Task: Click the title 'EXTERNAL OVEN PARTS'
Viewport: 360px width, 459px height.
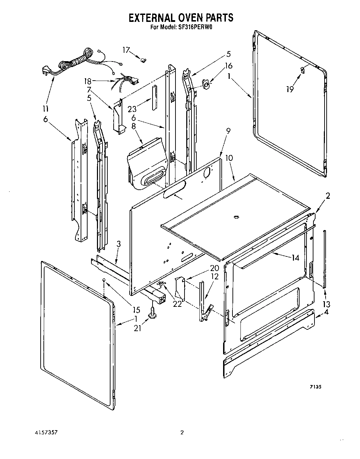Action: click(x=181, y=18)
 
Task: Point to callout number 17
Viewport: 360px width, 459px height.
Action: click(x=126, y=50)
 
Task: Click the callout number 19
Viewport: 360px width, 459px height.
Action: click(x=289, y=89)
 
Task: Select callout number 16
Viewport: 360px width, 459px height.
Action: click(x=229, y=66)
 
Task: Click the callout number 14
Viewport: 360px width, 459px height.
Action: click(x=295, y=257)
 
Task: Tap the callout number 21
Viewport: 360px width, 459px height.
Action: click(x=138, y=327)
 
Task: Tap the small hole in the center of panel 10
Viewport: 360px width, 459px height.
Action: click(x=236, y=218)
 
